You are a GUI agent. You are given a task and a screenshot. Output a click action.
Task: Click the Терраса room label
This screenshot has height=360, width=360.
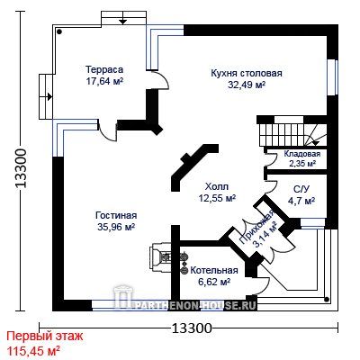coord(104,69)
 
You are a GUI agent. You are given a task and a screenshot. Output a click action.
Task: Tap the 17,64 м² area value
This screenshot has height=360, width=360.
coord(104,81)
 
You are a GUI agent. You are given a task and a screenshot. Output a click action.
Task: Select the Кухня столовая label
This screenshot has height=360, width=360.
coord(247,73)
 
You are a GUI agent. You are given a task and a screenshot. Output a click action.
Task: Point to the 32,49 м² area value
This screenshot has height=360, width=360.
coord(247,85)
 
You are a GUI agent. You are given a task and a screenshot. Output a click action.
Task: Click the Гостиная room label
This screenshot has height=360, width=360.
coord(116,215)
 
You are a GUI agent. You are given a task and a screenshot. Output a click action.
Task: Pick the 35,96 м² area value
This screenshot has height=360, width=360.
coord(116,227)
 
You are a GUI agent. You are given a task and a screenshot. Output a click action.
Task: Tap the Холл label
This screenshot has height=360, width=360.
coord(217,186)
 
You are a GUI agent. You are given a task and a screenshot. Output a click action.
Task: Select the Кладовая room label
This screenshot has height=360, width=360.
coord(302,154)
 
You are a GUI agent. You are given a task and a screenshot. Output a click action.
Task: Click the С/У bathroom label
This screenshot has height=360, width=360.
coord(301,190)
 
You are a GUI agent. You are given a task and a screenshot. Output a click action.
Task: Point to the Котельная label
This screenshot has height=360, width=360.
coord(214,270)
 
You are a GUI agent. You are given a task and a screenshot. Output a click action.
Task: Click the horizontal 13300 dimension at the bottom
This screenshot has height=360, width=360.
coord(192,328)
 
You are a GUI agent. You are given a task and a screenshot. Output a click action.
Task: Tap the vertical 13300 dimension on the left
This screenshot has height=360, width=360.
coord(22,168)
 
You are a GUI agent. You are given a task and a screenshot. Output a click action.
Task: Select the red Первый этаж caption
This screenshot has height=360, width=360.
coord(45,337)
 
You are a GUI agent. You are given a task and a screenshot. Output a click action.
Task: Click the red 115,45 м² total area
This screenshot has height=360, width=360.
coord(33,350)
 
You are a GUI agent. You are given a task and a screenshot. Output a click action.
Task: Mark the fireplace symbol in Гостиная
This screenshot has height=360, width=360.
coord(160,257)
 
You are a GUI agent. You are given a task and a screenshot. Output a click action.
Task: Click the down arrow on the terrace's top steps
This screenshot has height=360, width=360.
coord(122,22)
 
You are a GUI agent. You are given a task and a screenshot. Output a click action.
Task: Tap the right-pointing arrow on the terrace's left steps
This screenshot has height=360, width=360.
coord(49,97)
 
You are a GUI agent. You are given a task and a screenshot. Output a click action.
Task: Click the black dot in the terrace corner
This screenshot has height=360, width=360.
coord(59,31)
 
